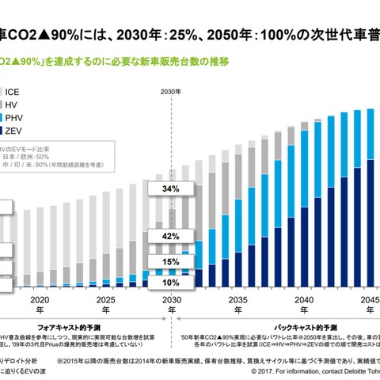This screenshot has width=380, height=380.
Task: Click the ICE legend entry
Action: (13, 92)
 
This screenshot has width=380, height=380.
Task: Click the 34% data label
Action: (170, 190)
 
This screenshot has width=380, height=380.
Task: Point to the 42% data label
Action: (170, 236)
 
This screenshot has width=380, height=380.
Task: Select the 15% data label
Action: (170, 261)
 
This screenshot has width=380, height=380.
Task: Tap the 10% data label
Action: (170, 281)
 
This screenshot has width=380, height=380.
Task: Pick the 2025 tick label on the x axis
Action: (104, 301)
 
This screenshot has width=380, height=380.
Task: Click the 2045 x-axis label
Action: (367, 301)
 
